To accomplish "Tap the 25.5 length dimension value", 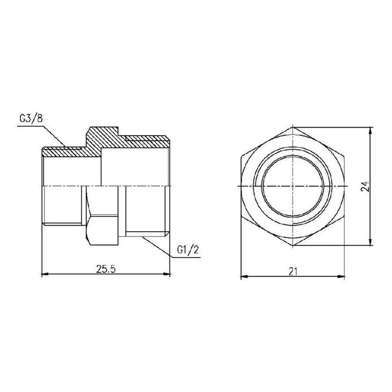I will click(x=105, y=269).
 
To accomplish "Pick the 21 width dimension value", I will click(x=293, y=271).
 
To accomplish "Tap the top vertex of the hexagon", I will click(x=293, y=127).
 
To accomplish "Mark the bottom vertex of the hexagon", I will click(x=293, y=246).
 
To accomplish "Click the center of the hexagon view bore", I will click(x=293, y=186).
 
